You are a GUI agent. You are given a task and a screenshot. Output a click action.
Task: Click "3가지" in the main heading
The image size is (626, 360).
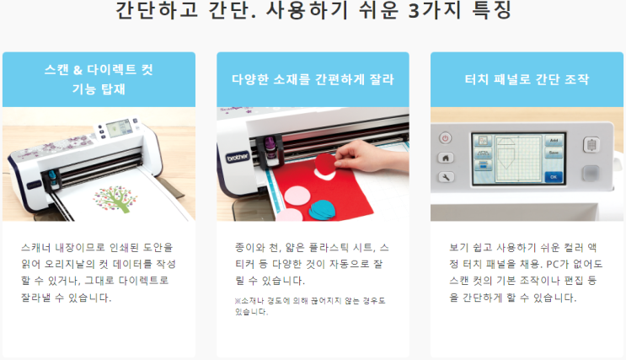(435, 10)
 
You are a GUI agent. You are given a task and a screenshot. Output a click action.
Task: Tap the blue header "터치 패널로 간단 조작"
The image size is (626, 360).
(527, 79)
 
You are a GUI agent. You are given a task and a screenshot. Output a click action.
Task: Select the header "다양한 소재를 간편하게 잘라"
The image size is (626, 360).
(313, 79)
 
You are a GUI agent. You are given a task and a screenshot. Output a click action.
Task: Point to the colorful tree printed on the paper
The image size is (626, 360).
(115, 199)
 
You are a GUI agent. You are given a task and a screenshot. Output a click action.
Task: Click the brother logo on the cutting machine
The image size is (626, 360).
(238, 158)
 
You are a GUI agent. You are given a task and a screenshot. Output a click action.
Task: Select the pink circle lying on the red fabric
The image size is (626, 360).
(297, 197)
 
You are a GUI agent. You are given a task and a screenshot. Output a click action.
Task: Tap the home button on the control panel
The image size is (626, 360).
(446, 158)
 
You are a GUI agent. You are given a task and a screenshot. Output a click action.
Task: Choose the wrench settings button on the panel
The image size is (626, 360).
(446, 177)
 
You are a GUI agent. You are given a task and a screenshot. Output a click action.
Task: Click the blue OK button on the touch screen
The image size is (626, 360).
(554, 177)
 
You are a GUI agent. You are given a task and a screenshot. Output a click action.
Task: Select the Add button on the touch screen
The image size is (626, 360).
(554, 141)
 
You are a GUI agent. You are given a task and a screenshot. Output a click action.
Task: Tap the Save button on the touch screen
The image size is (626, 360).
(554, 153)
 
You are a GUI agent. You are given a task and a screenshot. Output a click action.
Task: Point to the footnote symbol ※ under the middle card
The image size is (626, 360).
(238, 301)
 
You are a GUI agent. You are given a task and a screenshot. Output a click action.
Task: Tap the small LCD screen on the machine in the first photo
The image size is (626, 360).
(119, 128)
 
